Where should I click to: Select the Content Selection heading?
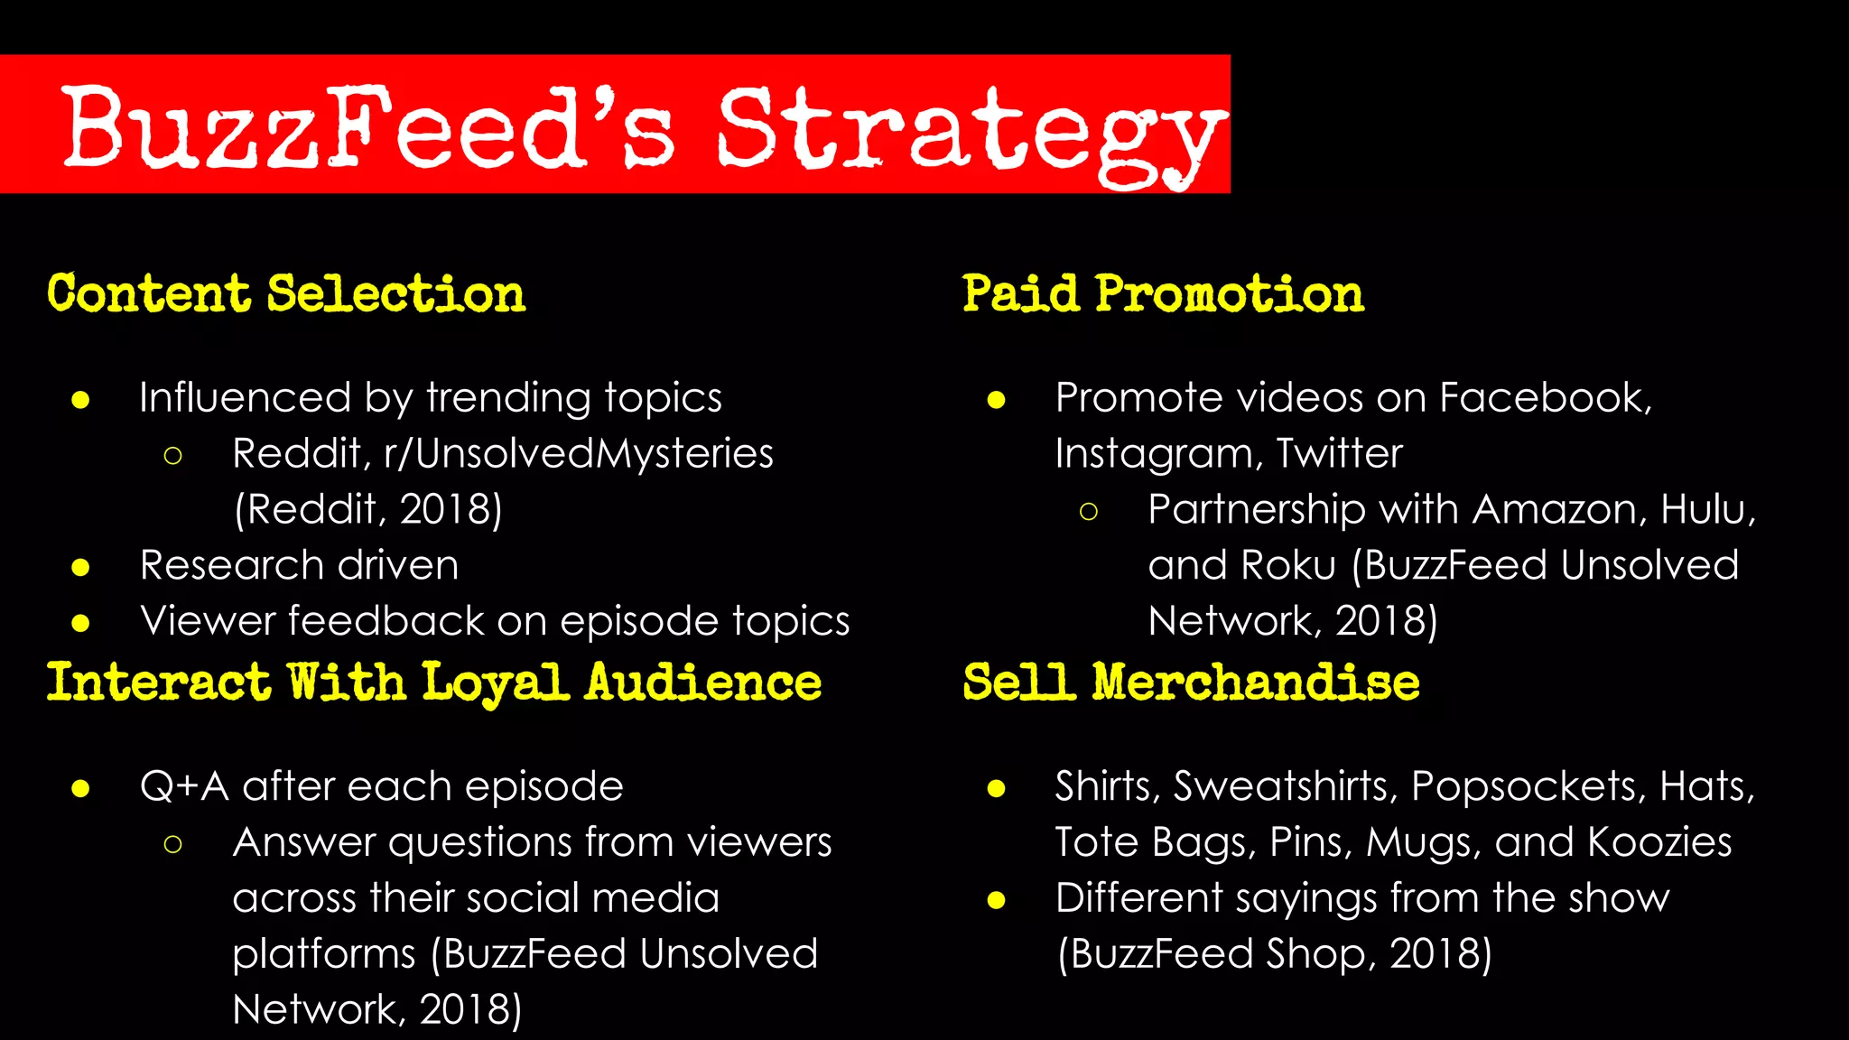tap(286, 294)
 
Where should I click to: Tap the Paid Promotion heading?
tap(1163, 294)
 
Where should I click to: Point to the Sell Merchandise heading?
tap(1191, 682)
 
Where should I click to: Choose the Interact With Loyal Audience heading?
tap(434, 682)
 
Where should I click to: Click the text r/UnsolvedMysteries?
tap(579, 453)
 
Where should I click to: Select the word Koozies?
tap(1659, 842)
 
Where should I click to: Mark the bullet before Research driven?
tap(81, 568)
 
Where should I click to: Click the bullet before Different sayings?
tap(997, 900)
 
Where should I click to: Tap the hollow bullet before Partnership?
tap(1089, 512)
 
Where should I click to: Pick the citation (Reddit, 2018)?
tap(367, 510)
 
